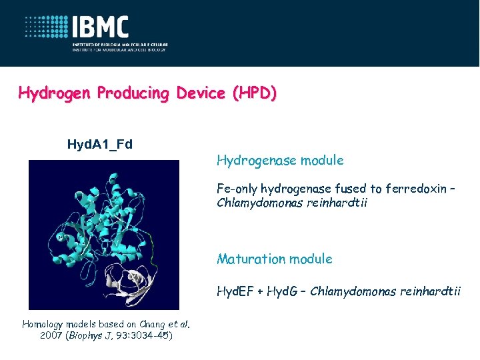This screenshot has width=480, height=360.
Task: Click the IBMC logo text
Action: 101,27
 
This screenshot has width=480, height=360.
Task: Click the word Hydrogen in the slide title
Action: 55,93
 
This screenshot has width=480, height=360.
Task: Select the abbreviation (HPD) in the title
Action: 253,93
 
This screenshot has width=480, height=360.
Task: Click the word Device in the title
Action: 201,93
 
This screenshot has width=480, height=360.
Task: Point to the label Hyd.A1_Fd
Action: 100,143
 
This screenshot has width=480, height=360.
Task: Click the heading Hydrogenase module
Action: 280,160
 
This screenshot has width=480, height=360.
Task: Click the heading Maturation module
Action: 274,259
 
